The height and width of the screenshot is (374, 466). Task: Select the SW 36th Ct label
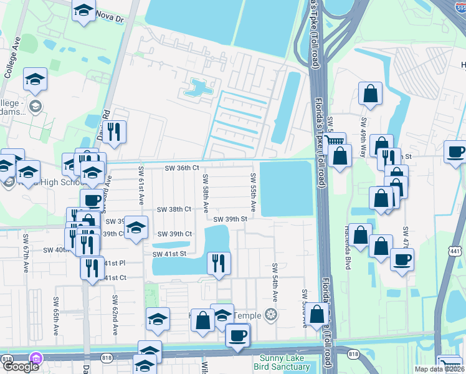[181, 168]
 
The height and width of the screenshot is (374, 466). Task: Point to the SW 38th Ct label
[174, 209]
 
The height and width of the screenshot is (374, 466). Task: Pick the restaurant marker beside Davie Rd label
[113, 132]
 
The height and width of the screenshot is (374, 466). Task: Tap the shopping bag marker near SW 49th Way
[370, 93]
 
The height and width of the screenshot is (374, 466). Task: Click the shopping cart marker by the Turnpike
[334, 143]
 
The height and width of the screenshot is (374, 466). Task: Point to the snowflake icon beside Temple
[270, 314]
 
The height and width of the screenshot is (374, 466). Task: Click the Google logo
[21, 365]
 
